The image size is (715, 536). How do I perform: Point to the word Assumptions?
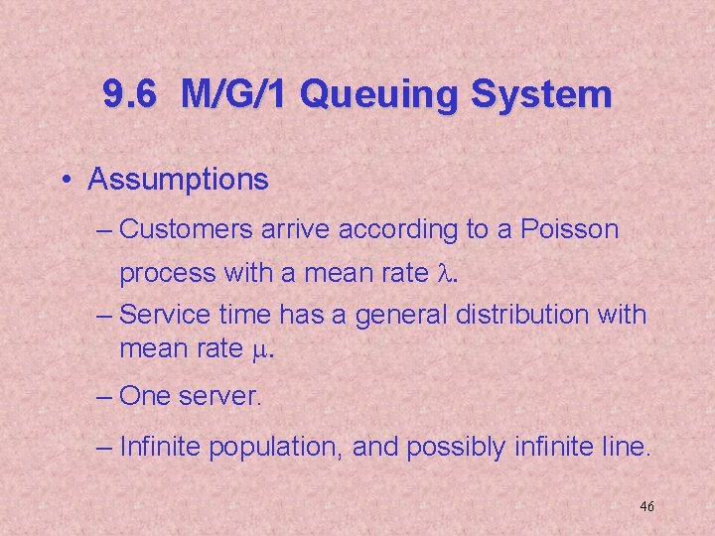coord(178,180)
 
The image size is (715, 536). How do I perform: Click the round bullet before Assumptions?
coord(65,181)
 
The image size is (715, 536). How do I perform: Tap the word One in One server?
coord(145,397)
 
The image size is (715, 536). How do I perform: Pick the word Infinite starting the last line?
coord(159,448)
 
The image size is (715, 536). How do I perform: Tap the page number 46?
coord(646,507)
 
